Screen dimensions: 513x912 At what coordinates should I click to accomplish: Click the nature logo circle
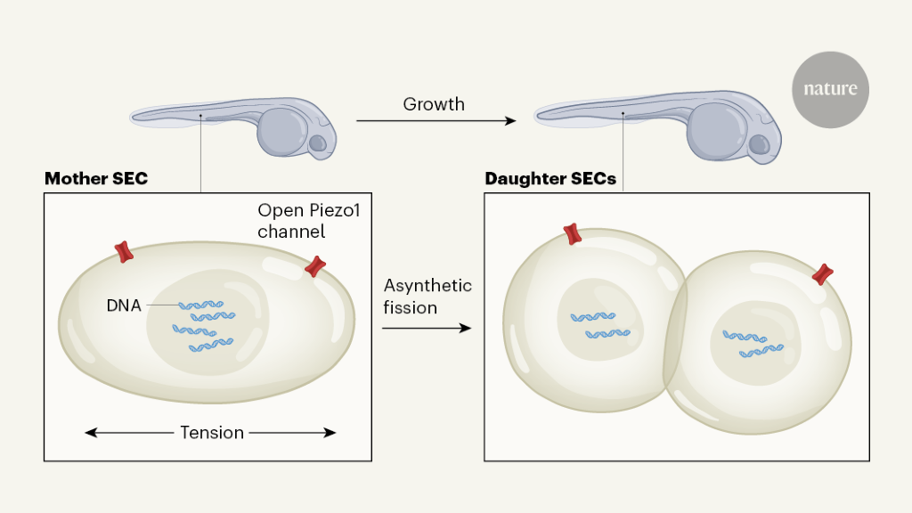pos(830,89)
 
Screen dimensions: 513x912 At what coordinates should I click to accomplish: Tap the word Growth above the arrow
pos(434,104)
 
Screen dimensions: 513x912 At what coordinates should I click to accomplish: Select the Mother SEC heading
pos(96,179)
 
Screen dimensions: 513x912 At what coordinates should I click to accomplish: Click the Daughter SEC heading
pos(550,179)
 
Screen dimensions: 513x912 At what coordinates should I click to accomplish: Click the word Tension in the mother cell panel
pos(212,433)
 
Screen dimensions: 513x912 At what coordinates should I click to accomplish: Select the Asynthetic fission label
pos(427,297)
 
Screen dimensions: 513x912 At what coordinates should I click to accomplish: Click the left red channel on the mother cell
pos(125,252)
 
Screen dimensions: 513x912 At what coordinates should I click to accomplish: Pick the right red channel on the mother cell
pos(315,265)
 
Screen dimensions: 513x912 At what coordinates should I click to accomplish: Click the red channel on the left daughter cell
pos(572,234)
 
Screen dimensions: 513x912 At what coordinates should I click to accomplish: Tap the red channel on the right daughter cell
pos(823,274)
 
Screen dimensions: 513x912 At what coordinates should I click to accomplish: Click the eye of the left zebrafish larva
pos(317,142)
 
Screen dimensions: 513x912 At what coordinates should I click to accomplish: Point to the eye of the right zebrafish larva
pos(758,144)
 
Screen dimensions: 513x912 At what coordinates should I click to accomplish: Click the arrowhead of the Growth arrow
pos(510,120)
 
